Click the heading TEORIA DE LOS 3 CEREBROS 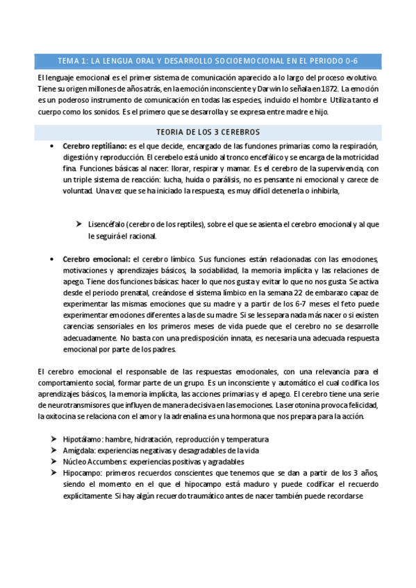coord(208,132)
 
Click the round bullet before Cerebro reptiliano coord(53,146)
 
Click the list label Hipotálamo coord(83,439)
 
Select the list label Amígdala coord(79,450)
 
